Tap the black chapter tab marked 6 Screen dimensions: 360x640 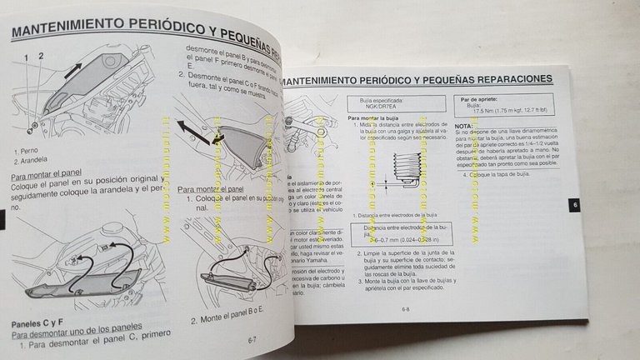pyautogui.click(x=570, y=206)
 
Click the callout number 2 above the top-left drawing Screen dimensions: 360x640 pyautogui.click(x=38, y=57)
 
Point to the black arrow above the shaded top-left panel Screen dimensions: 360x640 pyautogui.click(x=72, y=66)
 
